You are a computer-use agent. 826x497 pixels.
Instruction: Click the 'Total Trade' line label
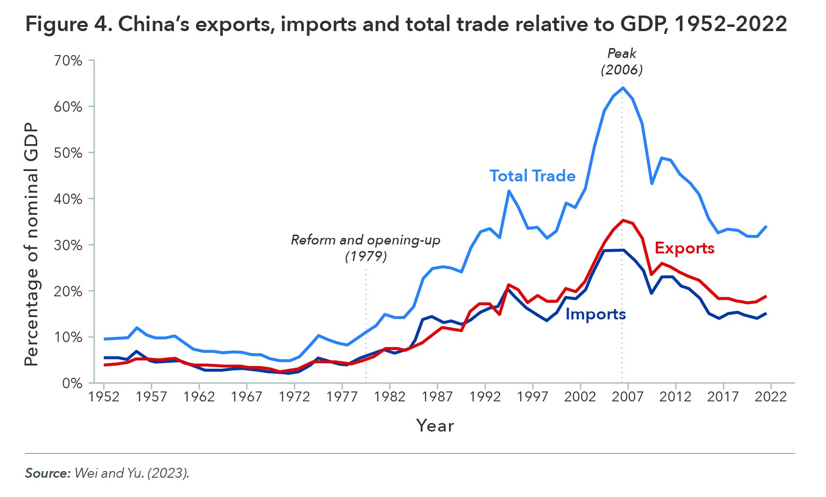coord(532,176)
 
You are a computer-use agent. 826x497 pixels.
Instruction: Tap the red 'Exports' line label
coord(684,248)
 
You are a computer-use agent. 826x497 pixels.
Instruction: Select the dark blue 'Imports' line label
coord(595,314)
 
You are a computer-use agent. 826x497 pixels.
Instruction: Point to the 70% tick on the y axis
coord(69,61)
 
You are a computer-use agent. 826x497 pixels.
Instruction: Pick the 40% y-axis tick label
coord(69,199)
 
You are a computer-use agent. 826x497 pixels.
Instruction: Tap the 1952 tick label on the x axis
coord(104,397)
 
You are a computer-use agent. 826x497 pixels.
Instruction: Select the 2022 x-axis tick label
coord(771,397)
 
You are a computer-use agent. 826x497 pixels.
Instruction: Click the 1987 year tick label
coord(437,397)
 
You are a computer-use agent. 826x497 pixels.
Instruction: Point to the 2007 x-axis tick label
coord(628,397)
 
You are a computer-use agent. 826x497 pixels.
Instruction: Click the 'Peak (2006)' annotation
coord(622,62)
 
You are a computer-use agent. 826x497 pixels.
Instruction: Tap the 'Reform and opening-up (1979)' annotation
coord(366,248)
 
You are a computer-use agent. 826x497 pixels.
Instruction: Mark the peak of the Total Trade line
coord(622,88)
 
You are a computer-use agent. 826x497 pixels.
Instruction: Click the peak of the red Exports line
coord(623,220)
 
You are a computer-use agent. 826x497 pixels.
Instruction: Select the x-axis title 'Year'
coord(435,426)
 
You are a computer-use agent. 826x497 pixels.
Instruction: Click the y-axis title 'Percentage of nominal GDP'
coord(31,245)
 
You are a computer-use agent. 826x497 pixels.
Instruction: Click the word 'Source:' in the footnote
coord(48,473)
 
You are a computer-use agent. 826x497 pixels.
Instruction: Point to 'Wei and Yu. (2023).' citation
coord(131,473)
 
